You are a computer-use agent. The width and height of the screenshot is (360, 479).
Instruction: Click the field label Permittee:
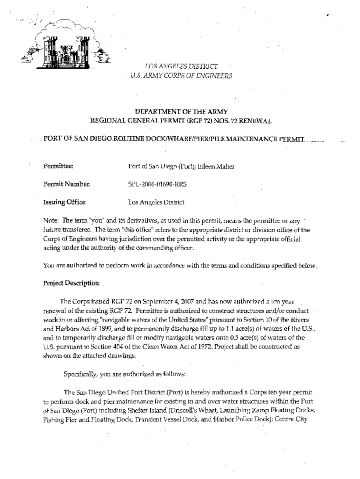[x=57, y=165]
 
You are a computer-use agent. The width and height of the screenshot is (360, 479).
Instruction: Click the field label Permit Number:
[x=64, y=184]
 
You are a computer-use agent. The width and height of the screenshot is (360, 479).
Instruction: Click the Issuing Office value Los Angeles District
[x=156, y=203]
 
